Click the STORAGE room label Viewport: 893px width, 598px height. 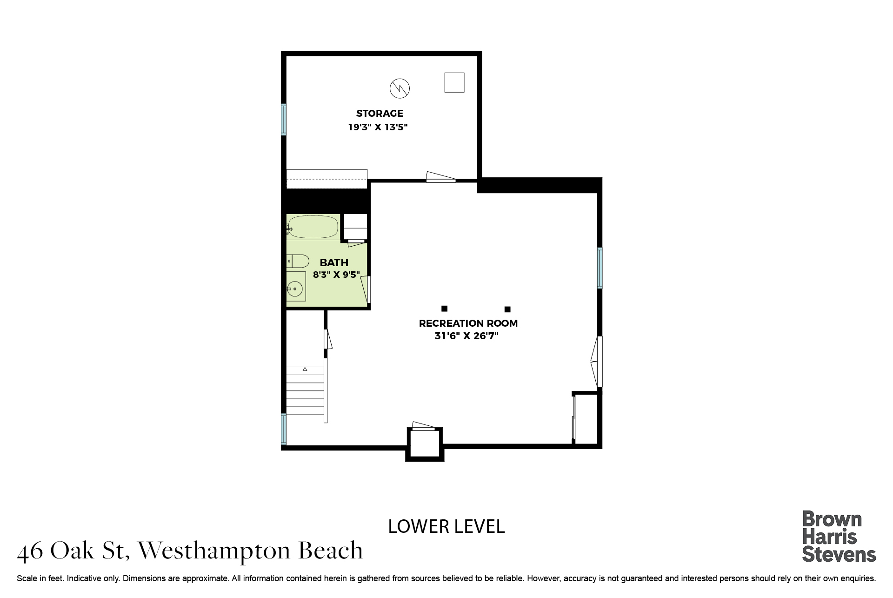point(380,113)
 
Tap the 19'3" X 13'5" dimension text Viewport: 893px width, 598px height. point(378,127)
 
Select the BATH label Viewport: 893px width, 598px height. point(334,262)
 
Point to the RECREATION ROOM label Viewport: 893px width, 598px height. point(468,323)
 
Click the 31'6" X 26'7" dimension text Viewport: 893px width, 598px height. point(466,336)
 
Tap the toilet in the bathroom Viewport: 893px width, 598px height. point(297,261)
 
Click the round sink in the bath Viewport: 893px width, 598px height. point(295,289)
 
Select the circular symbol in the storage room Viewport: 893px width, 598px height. point(400,88)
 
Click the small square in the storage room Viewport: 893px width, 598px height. point(454,82)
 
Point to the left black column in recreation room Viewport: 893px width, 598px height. point(444,309)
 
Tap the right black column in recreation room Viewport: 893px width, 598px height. point(507,309)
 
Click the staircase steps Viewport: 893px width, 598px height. point(305,390)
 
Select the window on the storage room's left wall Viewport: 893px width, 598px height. point(284,120)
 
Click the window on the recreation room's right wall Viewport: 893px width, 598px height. point(600,268)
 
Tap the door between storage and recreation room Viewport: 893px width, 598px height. point(441,177)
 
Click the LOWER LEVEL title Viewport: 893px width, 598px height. point(446,526)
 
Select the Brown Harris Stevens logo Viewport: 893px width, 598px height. point(839,537)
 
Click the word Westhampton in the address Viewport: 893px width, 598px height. point(214,551)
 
